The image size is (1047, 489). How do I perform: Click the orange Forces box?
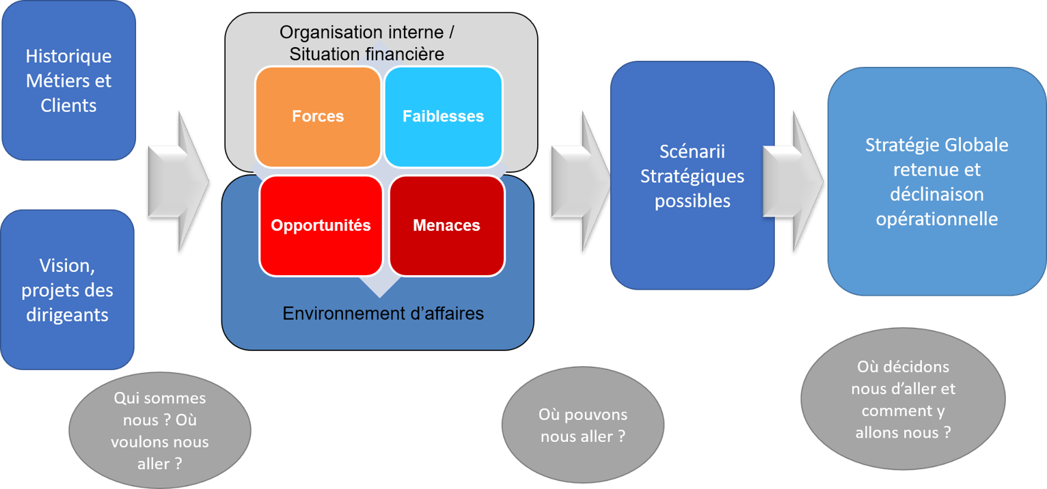point(318,116)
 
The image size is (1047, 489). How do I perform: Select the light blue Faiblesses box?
point(443,116)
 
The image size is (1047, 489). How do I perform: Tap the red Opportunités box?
point(321,225)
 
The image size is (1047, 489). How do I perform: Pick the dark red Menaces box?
point(446,225)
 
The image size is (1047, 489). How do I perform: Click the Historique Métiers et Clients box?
point(68,81)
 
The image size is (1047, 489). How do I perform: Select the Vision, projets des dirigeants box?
point(67,290)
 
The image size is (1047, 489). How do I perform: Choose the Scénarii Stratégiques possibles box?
point(692,176)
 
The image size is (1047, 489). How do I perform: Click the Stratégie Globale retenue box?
point(936,182)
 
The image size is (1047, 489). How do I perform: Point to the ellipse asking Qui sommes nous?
point(160,430)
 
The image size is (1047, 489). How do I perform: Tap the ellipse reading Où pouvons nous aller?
point(582,425)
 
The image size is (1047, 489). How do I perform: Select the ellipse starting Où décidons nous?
point(903,399)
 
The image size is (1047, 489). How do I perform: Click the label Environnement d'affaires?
point(383,313)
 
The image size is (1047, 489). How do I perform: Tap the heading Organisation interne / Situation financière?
point(367,43)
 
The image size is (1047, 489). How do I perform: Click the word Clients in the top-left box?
point(68,106)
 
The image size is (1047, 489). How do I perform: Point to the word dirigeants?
point(67,315)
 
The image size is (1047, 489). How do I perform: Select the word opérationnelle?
point(936,219)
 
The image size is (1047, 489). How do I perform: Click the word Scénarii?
point(692,151)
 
